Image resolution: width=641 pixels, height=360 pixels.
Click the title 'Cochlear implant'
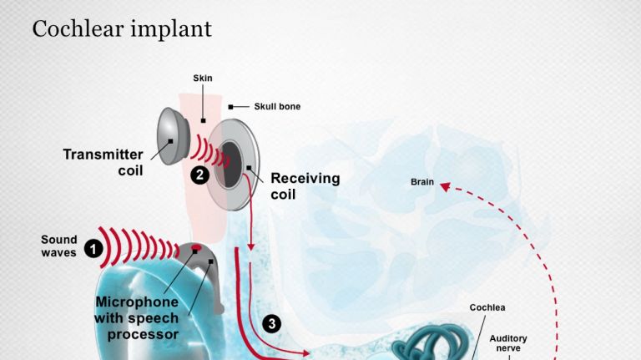click(122, 28)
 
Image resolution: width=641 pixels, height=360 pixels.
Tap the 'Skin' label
click(202, 78)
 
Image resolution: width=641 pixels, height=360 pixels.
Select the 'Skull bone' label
click(277, 107)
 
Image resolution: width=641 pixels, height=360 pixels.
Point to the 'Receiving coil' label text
click(305, 186)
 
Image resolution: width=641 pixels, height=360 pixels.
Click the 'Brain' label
click(421, 181)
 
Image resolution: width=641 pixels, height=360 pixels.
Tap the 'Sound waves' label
click(58, 246)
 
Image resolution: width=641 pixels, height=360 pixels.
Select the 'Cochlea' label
click(487, 307)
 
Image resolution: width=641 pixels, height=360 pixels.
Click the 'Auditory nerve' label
click(508, 342)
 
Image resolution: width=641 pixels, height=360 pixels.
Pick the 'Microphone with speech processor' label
click(137, 317)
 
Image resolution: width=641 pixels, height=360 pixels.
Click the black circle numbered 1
click(93, 249)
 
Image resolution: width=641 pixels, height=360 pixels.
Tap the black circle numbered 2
click(199, 175)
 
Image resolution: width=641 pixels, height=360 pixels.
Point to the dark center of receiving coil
click(229, 164)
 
